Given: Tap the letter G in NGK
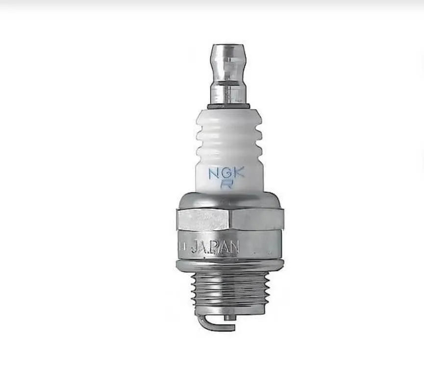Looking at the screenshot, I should pos(227,173).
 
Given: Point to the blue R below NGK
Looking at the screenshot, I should pos(227,185).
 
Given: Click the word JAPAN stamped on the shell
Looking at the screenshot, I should pos(214,246).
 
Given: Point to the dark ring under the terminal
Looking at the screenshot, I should pos(229,106).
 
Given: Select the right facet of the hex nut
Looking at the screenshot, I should pos(257,219).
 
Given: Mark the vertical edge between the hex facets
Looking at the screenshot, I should pos(230,219).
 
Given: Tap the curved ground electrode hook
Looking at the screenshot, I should pos(208,323).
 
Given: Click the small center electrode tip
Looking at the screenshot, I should pos(229,318).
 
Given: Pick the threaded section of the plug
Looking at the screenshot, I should pos(229,292).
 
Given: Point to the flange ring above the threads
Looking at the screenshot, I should pos(229,265).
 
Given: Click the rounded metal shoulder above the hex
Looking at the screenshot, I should pos(229,199).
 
